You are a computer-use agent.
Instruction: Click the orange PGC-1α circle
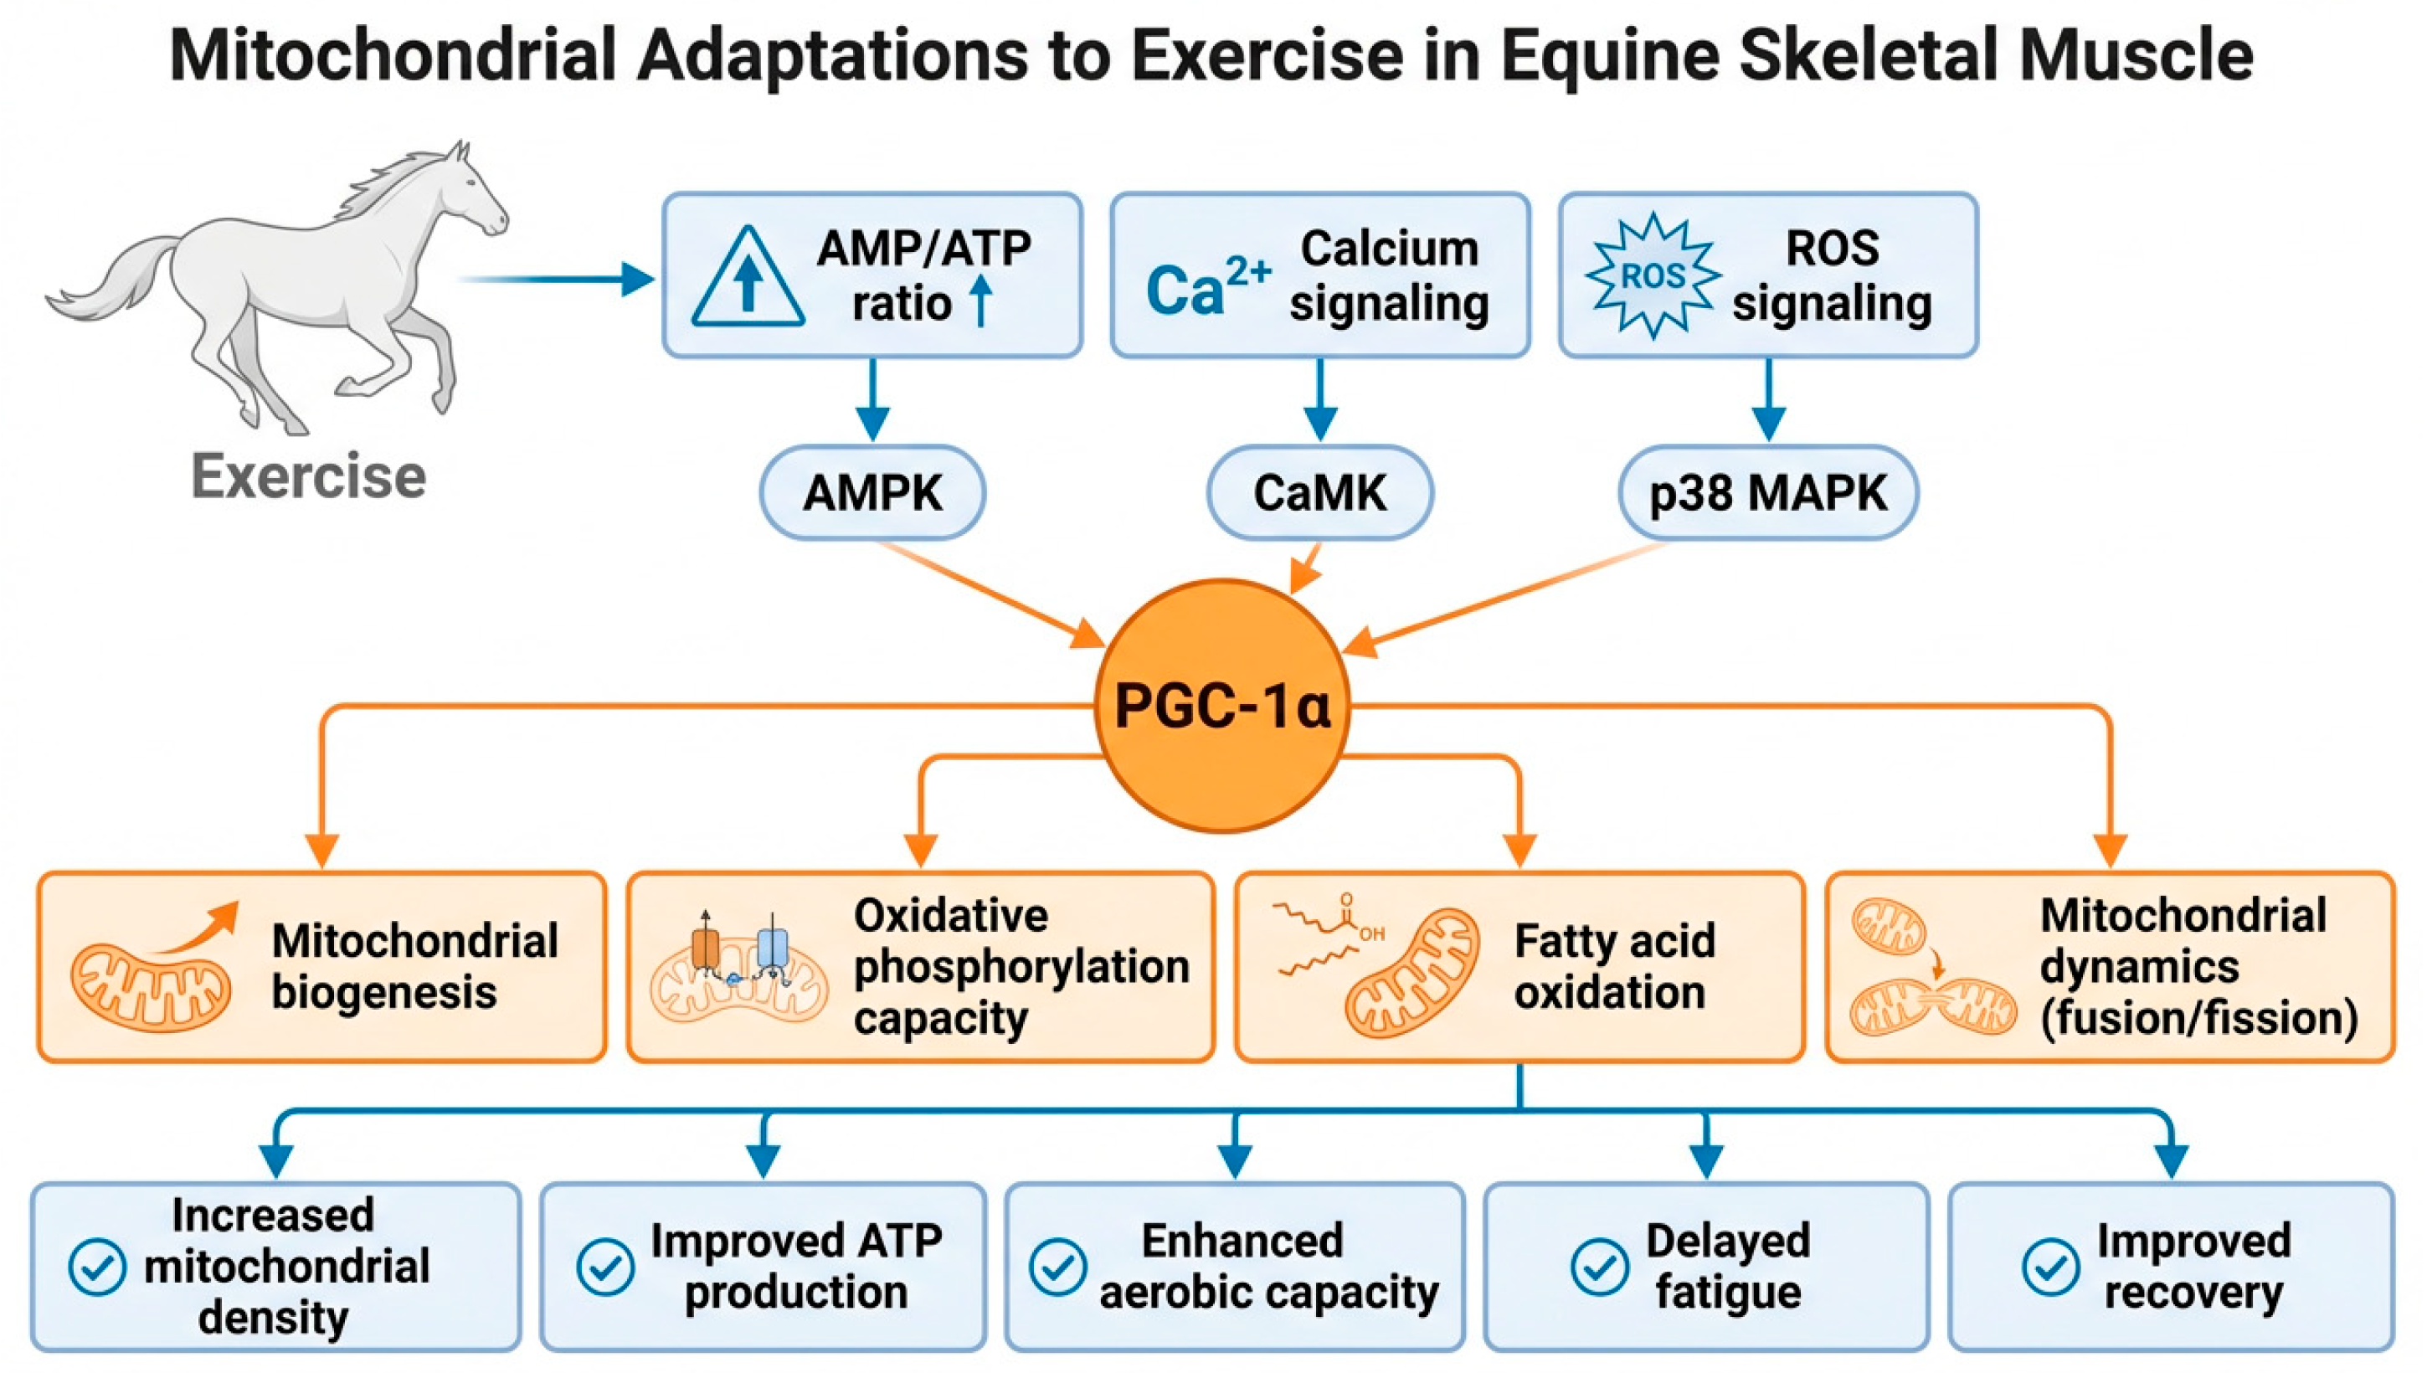coord(1222,706)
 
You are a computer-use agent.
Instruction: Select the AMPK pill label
coord(872,492)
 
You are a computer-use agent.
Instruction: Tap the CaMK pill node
coord(1320,492)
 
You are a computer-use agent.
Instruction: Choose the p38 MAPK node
coord(1768,492)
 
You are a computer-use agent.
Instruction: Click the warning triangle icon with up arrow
coord(748,276)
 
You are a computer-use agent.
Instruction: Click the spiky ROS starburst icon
coord(1653,275)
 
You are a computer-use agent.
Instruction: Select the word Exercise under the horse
coord(308,476)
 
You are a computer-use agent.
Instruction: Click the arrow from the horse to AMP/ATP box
coord(556,279)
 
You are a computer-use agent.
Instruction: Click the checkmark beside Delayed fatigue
coord(1600,1267)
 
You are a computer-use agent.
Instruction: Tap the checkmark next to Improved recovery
coord(2051,1267)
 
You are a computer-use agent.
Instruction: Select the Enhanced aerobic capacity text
coord(1268,1267)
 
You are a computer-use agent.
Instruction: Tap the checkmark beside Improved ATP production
coord(605,1267)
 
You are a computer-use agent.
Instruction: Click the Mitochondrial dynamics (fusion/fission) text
coord(2198,967)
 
